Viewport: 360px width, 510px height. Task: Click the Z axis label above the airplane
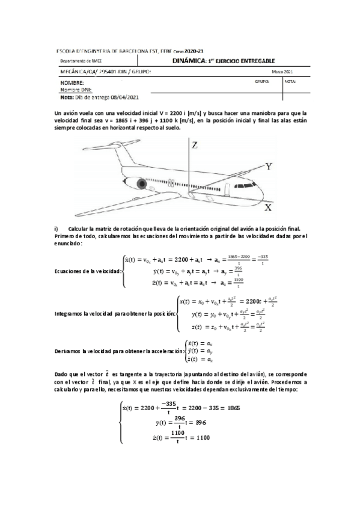194,145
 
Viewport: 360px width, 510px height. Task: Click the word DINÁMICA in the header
189,61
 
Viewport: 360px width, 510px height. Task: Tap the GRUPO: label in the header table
262,80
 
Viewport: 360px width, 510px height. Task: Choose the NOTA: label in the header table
291,80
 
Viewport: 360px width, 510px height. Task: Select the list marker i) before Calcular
56,228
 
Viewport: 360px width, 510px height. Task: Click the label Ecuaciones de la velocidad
87,271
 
